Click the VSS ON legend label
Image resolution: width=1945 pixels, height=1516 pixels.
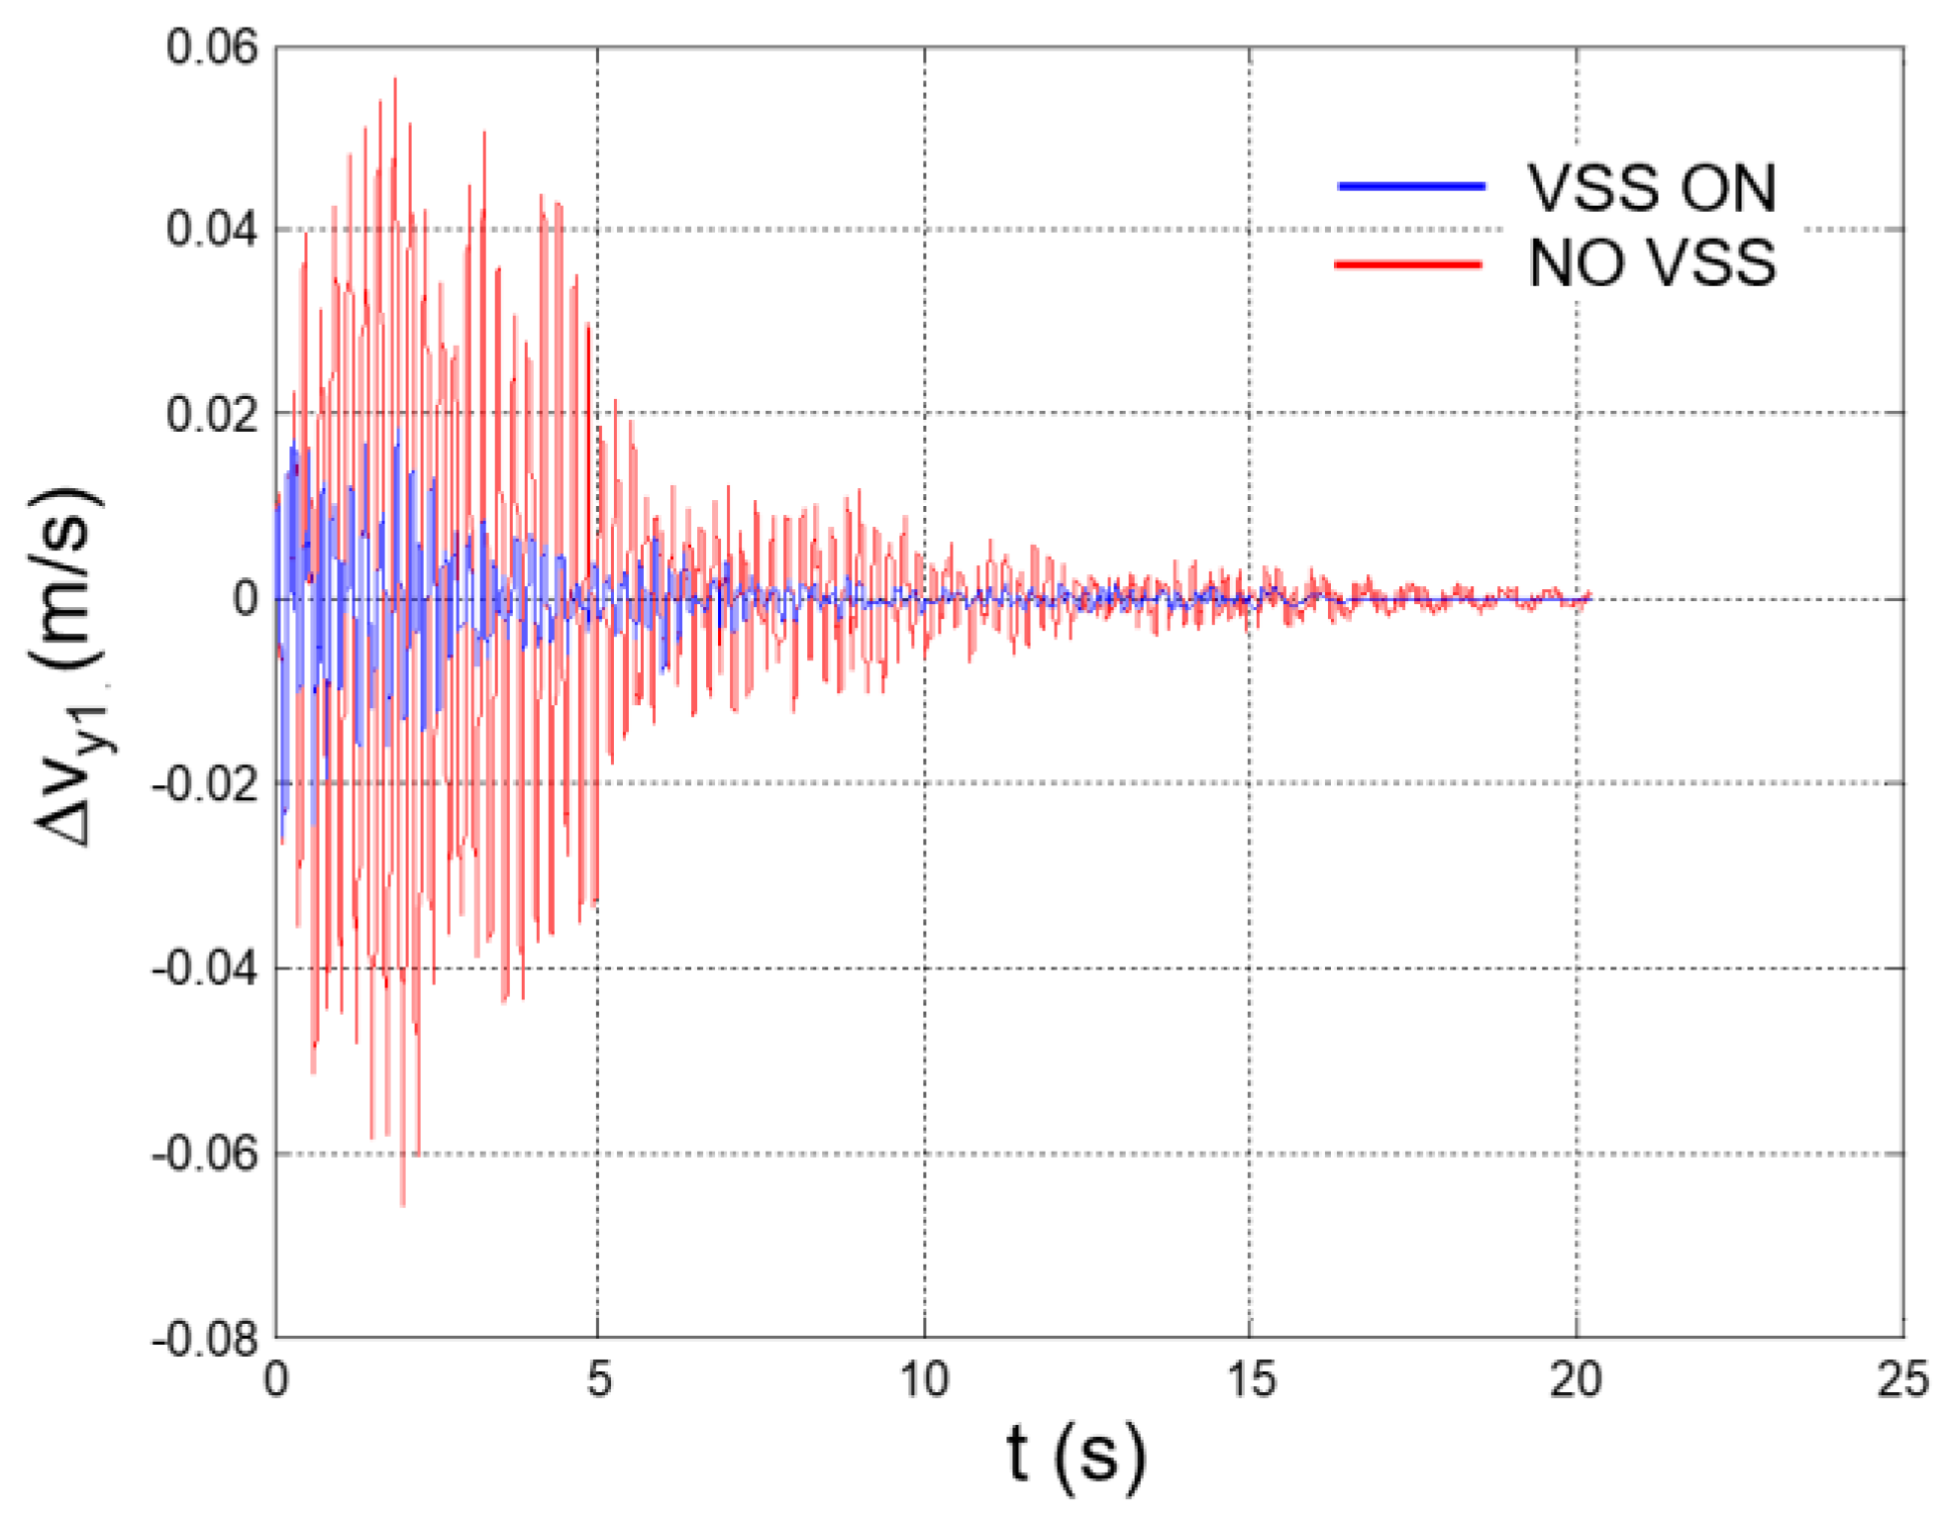tap(1651, 187)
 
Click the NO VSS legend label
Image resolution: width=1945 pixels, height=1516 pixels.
tap(1651, 263)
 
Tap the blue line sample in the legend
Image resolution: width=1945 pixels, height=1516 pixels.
tap(1410, 186)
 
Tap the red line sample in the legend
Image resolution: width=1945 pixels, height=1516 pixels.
tap(1408, 263)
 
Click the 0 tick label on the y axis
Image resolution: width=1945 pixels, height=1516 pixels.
tap(245, 598)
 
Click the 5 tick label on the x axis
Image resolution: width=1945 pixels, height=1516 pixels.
tap(598, 1378)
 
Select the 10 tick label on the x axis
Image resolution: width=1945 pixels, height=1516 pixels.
tap(924, 1378)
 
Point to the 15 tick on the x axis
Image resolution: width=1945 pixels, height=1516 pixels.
tap(1250, 1378)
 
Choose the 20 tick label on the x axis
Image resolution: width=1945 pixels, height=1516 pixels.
tap(1576, 1378)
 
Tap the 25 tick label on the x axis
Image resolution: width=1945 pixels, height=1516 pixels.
tap(1902, 1378)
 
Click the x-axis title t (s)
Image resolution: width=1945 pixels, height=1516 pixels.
tap(1075, 1457)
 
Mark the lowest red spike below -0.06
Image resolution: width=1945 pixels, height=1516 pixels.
tap(402, 1203)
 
